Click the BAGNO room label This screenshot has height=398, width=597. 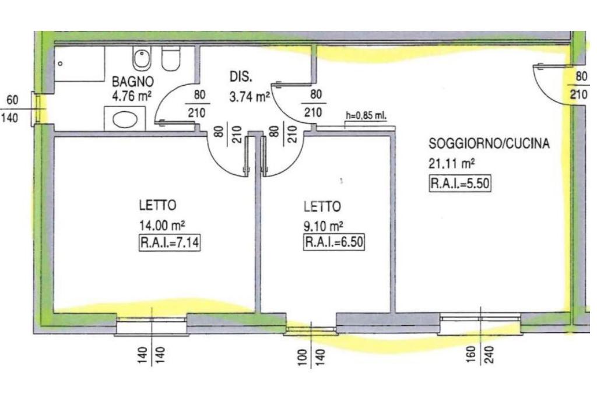pos(133,82)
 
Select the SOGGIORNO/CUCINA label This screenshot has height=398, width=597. pos(489,143)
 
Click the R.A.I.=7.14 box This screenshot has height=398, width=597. pos(170,243)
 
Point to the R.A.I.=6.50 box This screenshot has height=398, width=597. pos(334,242)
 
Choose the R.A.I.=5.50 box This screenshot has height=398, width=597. pos(460,184)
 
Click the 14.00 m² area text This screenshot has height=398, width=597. pos(162,225)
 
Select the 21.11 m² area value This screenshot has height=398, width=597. pos(452,164)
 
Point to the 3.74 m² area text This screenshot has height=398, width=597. pos(250,97)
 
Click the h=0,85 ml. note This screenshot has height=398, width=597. pos(366,115)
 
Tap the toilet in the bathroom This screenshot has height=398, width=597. pos(171,59)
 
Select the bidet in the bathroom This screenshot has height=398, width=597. pos(142,59)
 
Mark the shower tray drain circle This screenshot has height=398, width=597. pos(61,64)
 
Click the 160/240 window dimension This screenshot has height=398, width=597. pos(480,354)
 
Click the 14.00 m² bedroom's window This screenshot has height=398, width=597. pos(152,324)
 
